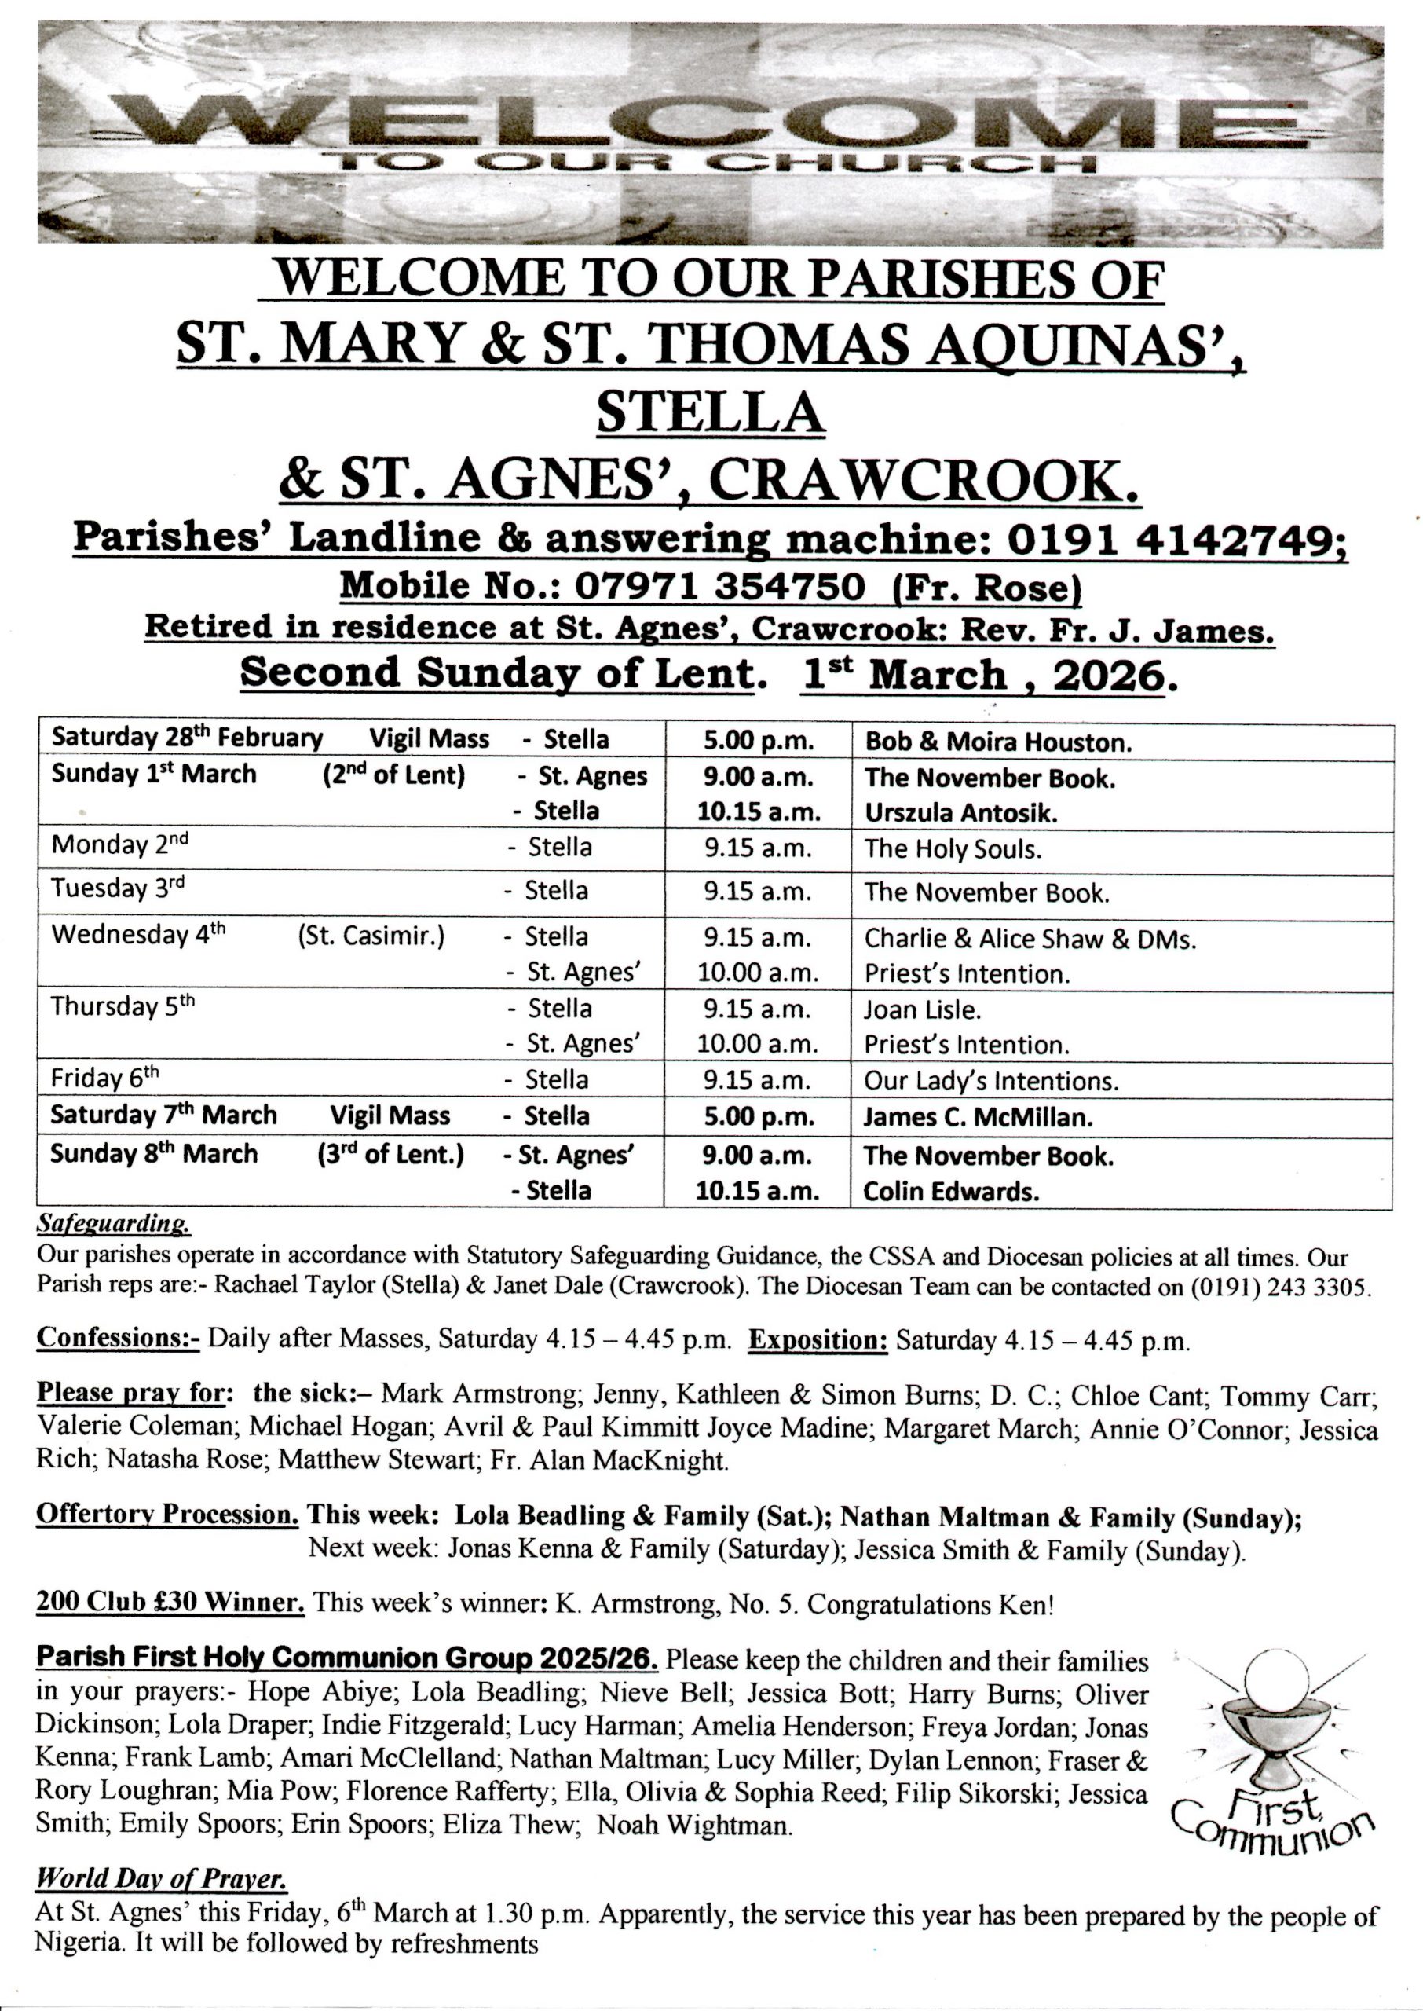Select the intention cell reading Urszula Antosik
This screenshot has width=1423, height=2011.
[x=960, y=813]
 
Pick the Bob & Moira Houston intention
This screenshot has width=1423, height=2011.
[x=998, y=743]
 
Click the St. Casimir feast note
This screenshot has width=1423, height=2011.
[x=371, y=936]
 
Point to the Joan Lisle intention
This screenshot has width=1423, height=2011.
[x=922, y=1010]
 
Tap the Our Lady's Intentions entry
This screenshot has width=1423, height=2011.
[x=991, y=1081]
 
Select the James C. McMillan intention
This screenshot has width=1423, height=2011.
[x=977, y=1117]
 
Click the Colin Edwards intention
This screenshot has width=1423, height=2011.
[x=951, y=1192]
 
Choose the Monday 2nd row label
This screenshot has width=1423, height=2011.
[x=119, y=845]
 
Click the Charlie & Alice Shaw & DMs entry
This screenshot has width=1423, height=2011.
[x=1030, y=940]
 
